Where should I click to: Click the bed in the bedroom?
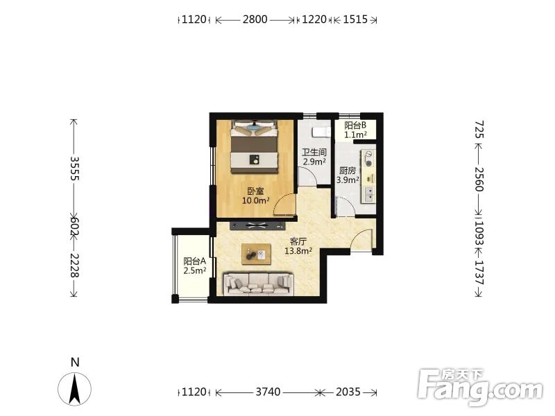[x=255, y=147]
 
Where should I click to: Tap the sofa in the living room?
[x=259, y=284]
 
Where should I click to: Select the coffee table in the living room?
[x=256, y=254]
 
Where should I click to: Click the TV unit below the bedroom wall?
[x=257, y=225]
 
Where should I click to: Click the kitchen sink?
[x=368, y=194]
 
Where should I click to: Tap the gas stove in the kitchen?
[x=368, y=159]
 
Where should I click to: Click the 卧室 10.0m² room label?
[x=255, y=196]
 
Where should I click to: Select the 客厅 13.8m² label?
[x=298, y=246]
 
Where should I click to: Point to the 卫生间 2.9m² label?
[x=314, y=157]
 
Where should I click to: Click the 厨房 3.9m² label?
[x=348, y=175]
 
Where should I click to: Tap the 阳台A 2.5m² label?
[x=195, y=266]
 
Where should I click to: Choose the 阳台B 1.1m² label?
[x=355, y=130]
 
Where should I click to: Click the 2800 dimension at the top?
[x=255, y=19]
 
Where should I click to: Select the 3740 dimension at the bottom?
[x=268, y=392]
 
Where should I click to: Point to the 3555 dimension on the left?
[x=74, y=168]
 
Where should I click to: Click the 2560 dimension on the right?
[x=479, y=179]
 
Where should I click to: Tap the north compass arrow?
[x=75, y=388]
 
